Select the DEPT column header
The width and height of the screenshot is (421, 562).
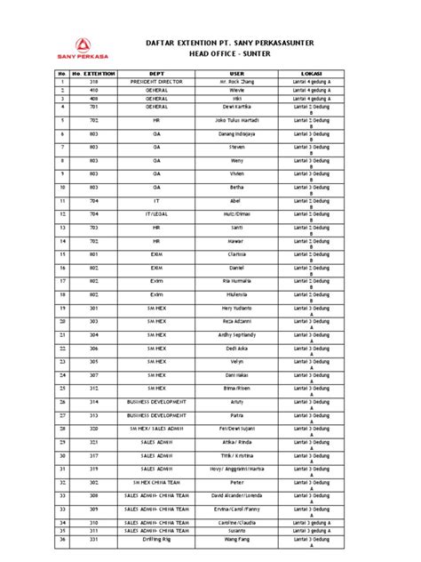(x=156, y=73)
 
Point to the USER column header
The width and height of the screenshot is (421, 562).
(x=236, y=73)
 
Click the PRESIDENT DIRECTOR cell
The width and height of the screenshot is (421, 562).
(x=156, y=81)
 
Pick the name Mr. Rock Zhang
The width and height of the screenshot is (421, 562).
(x=236, y=81)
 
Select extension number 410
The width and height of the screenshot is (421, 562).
(x=93, y=89)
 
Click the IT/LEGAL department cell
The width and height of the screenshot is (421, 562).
(x=156, y=214)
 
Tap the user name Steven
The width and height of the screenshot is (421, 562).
(x=236, y=146)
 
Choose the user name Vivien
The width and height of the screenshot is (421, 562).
(x=236, y=173)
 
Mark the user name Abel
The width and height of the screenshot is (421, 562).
(x=236, y=201)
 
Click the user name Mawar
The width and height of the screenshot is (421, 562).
(x=236, y=241)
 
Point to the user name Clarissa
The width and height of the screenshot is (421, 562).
(x=236, y=255)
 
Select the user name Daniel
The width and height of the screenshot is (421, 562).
(x=236, y=268)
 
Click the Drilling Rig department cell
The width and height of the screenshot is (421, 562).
(x=156, y=539)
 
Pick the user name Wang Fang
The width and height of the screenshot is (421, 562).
(x=236, y=539)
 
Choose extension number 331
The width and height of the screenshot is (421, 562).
(x=93, y=539)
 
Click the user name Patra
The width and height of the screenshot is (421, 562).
(x=236, y=415)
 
